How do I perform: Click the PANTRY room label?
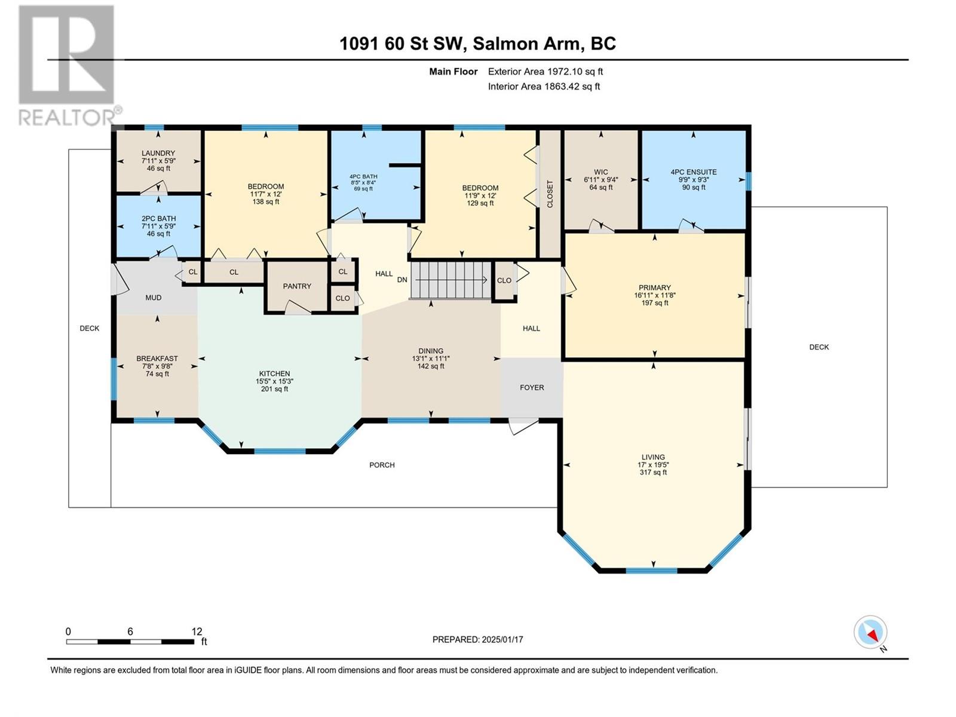(296, 286)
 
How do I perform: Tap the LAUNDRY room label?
(158, 153)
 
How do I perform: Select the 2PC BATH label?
(158, 219)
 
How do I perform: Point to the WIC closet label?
(600, 172)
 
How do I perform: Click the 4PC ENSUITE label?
(693, 172)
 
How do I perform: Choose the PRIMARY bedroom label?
(655, 287)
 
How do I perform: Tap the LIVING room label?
(653, 457)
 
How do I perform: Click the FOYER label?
(532, 387)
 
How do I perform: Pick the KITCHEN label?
(274, 373)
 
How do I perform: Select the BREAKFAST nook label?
(157, 358)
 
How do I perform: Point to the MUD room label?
(154, 298)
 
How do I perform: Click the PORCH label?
(382, 465)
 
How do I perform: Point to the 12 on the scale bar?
(197, 631)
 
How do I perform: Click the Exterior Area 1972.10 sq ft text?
(546, 71)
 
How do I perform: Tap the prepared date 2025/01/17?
(502, 639)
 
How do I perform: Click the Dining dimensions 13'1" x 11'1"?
(431, 358)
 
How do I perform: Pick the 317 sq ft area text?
(653, 473)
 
